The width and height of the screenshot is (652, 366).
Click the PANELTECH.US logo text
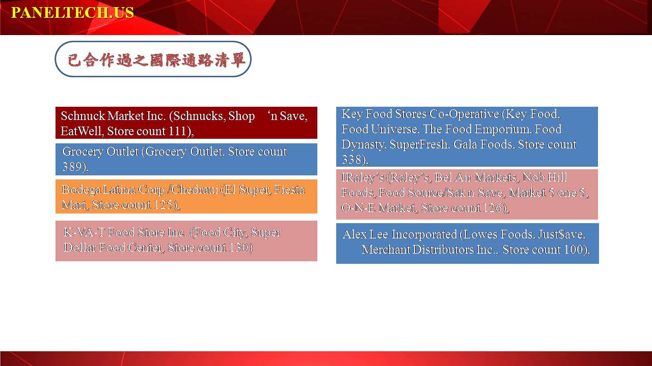(x=72, y=13)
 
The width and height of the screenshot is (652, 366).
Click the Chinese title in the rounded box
(x=156, y=60)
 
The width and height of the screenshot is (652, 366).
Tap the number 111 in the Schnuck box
(x=177, y=131)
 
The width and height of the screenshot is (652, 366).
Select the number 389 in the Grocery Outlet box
(x=72, y=166)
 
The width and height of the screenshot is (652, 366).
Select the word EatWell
(x=81, y=131)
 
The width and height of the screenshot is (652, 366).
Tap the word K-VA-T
(x=84, y=232)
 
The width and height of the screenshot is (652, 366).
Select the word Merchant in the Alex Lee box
(x=386, y=249)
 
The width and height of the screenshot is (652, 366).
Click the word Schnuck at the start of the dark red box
(x=83, y=115)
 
